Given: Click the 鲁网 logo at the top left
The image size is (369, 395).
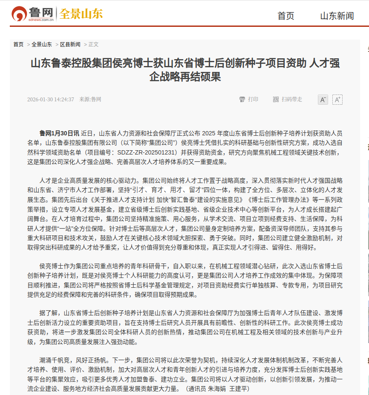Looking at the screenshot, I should pos(32,14).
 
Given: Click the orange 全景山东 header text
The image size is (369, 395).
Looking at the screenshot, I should pos(81,14).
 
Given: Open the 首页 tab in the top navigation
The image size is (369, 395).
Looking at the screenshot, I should pos(286,16).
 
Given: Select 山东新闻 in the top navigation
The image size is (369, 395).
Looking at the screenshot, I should pos(337,16).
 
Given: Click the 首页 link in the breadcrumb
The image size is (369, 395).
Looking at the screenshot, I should pos(18,44).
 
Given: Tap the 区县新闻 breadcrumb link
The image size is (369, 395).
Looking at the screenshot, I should pos(70,44).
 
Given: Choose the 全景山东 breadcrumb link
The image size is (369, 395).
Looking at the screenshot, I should pos(42,44).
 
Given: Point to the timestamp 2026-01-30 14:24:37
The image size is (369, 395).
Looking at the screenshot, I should pos(51,99).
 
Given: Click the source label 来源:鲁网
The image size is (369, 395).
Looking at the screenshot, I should pos(90,99).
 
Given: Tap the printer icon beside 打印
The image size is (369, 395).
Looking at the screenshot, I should pos(242,99).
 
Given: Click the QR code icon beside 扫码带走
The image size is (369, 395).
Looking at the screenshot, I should pos(276,99).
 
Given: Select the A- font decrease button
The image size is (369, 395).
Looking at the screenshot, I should pos(323,100).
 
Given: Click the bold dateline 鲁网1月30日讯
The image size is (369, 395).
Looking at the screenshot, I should pos(59,133).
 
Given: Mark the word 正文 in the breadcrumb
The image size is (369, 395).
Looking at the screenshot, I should pos(93,44).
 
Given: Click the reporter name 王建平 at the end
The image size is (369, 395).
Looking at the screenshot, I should pos(239,389).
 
